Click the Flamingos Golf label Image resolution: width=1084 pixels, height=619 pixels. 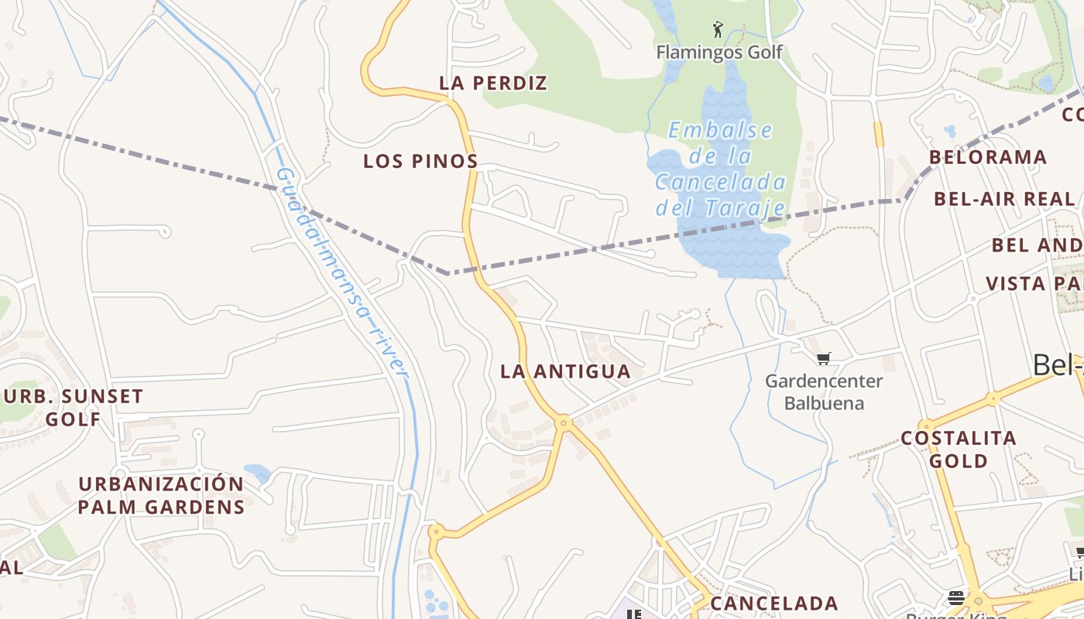[x=719, y=53]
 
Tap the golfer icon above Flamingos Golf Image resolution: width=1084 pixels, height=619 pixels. [x=718, y=30]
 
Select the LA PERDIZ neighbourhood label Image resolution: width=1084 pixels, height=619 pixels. [x=493, y=83]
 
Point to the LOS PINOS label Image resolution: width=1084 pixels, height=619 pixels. [x=420, y=162]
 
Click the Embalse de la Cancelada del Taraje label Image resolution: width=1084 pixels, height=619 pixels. [x=720, y=169]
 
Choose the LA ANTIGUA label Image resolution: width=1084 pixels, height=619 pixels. [x=565, y=371]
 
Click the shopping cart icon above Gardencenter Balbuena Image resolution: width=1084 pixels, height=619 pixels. [x=824, y=358]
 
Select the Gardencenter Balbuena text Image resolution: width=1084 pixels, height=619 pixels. [x=824, y=392]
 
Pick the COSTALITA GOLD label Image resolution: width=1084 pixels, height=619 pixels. [x=959, y=450]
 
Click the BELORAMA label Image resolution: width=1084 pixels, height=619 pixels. [x=988, y=157]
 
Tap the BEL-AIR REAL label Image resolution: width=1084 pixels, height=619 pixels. [x=1004, y=199]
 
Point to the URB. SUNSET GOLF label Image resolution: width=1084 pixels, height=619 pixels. [x=74, y=408]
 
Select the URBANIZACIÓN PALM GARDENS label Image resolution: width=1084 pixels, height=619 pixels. [x=161, y=495]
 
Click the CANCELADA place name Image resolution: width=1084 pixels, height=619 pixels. [x=774, y=604]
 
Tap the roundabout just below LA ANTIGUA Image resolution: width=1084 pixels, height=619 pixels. [x=564, y=422]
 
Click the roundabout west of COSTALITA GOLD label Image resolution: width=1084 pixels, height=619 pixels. [x=926, y=426]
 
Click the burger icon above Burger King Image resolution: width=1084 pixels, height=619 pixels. [x=956, y=597]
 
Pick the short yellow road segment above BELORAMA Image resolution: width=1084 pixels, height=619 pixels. [x=878, y=134]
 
